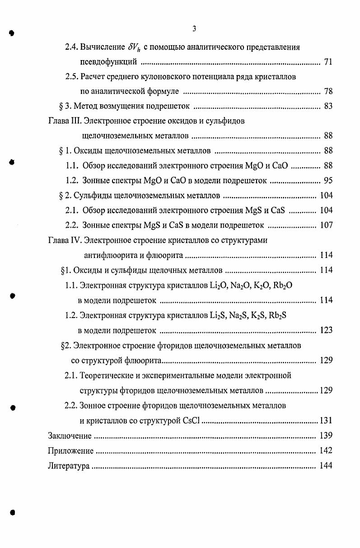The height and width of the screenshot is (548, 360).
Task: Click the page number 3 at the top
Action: point(194,29)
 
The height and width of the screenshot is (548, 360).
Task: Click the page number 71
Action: point(328,62)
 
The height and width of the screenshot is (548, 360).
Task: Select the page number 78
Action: point(328,92)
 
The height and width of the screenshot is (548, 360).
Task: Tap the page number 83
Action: point(328,107)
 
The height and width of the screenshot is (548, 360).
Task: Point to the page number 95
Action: point(328,181)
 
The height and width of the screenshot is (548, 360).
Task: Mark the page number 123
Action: point(326,330)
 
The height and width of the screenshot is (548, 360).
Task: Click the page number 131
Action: point(326,421)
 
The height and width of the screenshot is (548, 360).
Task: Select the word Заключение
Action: point(70,436)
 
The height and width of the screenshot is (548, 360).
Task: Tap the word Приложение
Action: point(70,451)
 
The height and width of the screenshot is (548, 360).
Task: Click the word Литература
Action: point(69,466)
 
